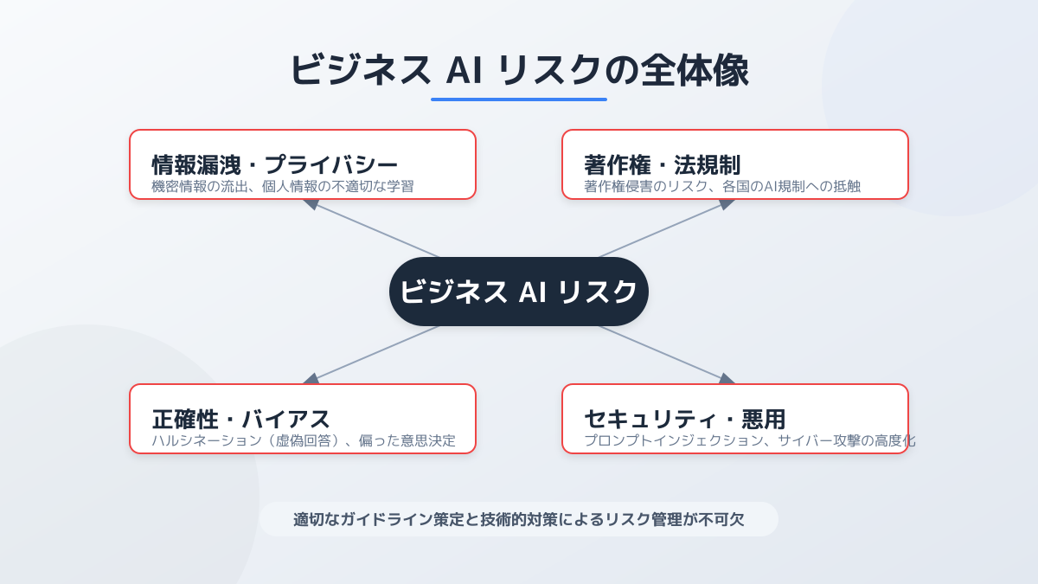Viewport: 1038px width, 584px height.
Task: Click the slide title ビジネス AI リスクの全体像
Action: click(x=519, y=70)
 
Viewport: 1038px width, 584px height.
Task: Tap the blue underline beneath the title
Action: click(x=519, y=99)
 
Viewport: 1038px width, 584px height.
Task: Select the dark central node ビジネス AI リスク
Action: click(x=519, y=292)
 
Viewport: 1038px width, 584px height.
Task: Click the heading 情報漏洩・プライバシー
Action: click(x=275, y=164)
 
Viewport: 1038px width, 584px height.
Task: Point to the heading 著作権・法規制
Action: click(x=663, y=164)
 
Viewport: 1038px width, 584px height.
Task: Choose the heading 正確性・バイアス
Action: click(x=241, y=419)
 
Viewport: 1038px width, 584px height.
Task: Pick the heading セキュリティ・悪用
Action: click(x=685, y=419)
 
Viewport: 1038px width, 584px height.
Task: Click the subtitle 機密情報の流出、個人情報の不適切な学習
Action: click(x=283, y=186)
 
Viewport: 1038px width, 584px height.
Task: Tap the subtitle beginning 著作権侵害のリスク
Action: click(x=722, y=186)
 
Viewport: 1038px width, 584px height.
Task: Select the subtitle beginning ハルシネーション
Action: click(x=304, y=440)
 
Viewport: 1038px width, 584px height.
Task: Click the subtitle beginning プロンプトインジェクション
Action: click(x=750, y=440)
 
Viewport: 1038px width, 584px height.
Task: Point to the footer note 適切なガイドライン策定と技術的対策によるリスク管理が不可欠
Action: click(x=519, y=520)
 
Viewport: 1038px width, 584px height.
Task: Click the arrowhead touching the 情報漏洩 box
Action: click(x=311, y=204)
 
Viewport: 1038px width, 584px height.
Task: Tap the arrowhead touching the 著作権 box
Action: click(x=726, y=204)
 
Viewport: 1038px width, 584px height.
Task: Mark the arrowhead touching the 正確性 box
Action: click(x=311, y=379)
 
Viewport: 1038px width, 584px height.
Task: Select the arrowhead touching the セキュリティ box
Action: click(x=726, y=379)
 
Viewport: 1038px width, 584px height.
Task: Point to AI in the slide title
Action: click(x=464, y=71)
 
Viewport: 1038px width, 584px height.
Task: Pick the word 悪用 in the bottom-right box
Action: click(x=764, y=419)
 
